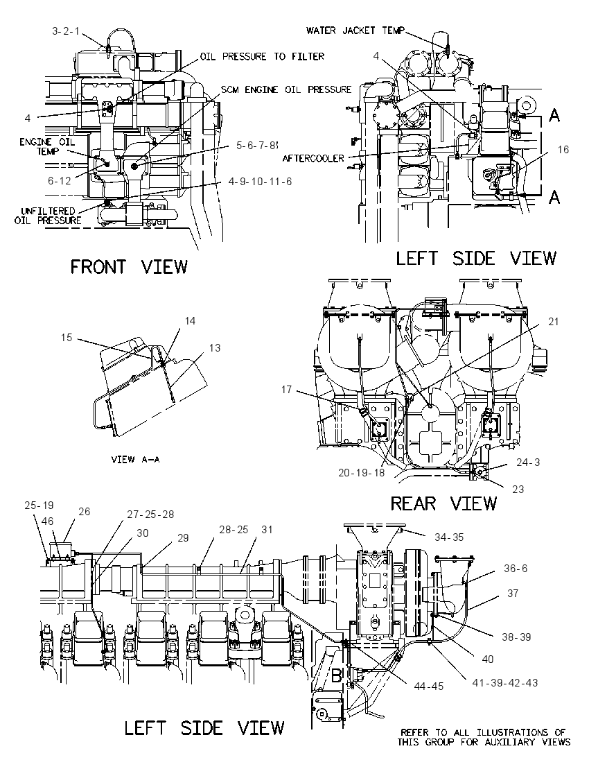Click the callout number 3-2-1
[65, 31]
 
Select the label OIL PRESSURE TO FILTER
[262, 56]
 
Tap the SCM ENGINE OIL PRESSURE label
[285, 89]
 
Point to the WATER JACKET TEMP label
[355, 31]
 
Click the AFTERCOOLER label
[313, 158]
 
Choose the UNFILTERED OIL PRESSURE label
[48, 216]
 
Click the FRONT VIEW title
[129, 266]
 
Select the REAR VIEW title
[443, 503]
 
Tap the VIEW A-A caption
[135, 459]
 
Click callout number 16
[563, 149]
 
